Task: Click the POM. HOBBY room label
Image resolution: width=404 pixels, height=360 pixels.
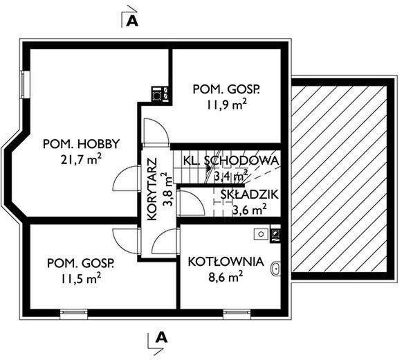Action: (x=82, y=144)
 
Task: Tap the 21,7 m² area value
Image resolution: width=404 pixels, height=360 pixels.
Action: (x=81, y=159)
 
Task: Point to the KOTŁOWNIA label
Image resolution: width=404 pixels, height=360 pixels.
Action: (x=226, y=262)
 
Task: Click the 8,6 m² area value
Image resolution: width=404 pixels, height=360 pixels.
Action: (x=226, y=277)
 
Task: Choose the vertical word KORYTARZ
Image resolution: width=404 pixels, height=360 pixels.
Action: (x=152, y=189)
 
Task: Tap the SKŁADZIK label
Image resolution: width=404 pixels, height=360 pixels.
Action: (x=250, y=195)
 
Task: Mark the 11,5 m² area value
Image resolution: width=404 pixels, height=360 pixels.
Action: (x=81, y=279)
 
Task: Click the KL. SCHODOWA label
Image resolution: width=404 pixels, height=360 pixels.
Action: (x=231, y=161)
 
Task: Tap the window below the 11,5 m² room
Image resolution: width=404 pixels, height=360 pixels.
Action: (x=74, y=314)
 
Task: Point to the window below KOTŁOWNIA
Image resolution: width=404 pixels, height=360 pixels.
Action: (x=237, y=314)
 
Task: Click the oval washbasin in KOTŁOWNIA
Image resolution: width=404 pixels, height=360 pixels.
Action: (x=276, y=269)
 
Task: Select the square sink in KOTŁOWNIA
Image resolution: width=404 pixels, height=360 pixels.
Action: (x=261, y=234)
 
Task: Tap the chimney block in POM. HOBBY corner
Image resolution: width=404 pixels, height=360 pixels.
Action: (x=160, y=94)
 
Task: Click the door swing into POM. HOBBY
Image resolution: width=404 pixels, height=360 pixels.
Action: (x=125, y=179)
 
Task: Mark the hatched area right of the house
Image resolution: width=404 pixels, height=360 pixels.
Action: (x=340, y=179)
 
